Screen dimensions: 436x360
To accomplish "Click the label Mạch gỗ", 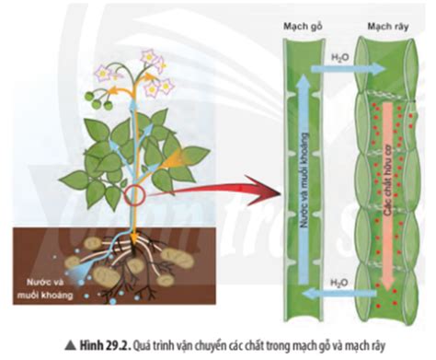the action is [x=303, y=27].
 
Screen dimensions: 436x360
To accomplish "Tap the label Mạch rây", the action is [x=388, y=27].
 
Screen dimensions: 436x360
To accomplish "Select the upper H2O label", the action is [x=340, y=58].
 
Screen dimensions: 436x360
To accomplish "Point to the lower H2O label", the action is [x=339, y=282].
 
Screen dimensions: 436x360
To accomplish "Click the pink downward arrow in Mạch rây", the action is [x=388, y=196].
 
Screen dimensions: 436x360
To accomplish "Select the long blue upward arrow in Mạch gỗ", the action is [x=303, y=179].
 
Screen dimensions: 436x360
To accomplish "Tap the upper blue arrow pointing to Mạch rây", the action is [x=349, y=69].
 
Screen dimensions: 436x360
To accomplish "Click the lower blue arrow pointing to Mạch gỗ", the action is [x=338, y=294].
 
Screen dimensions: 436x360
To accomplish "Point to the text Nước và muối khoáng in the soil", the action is [x=45, y=288].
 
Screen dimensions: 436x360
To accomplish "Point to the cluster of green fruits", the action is [x=98, y=99].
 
